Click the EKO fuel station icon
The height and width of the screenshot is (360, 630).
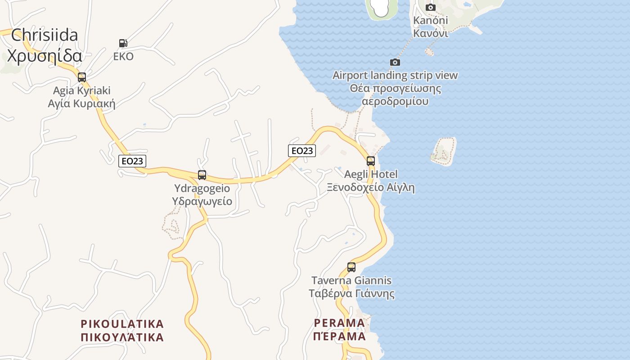pos(123,43)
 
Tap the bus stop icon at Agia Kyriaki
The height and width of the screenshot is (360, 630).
pos(81,77)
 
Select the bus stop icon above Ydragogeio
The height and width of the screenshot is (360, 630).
pos(202,175)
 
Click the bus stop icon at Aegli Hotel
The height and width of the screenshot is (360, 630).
pos(371,161)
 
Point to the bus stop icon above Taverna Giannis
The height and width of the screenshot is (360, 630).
pos(351,267)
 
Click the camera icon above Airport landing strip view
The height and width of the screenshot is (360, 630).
pos(395,62)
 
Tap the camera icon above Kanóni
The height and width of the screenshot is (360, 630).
pos(431,7)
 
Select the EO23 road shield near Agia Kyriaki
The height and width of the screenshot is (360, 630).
pos(132,161)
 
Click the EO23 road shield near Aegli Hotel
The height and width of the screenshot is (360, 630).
pos(302,150)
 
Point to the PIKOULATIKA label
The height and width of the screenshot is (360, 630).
pos(122,324)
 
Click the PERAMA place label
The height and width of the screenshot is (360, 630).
pos(339,323)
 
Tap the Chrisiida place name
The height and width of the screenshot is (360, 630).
pos(45,35)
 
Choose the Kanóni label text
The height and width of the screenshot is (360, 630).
pos(431,21)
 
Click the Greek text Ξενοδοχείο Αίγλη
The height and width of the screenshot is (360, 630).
pos(371,188)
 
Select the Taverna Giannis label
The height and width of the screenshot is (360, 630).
pos(351,280)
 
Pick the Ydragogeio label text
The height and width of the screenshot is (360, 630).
pos(202,188)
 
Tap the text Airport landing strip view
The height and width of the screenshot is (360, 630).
pos(395,75)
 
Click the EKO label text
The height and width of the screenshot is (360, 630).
pos(123,57)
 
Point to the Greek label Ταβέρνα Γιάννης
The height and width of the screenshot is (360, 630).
pos(351,294)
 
